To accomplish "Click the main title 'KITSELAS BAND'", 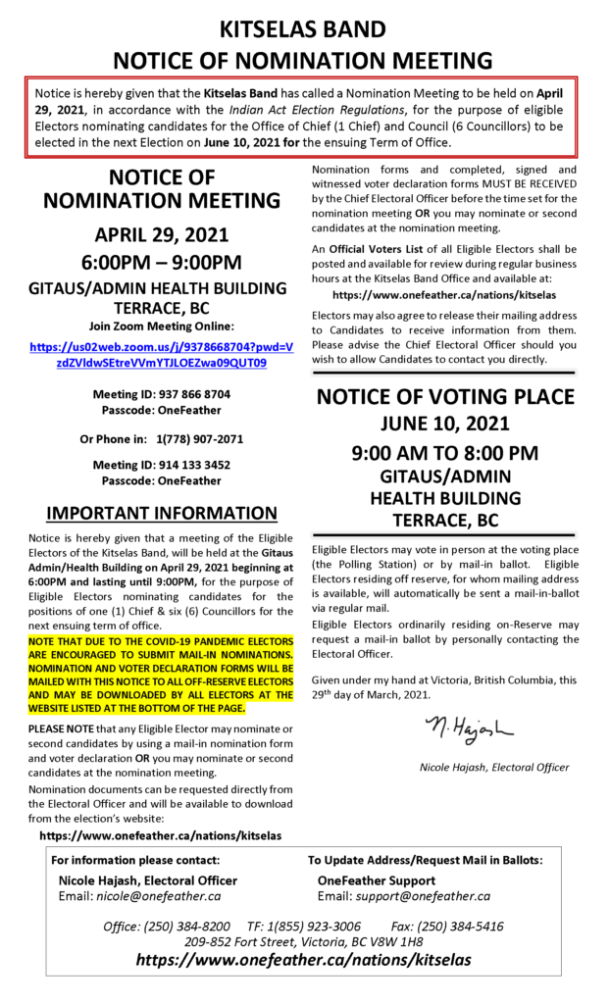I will click(x=304, y=26).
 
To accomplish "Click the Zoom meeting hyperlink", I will click(x=161, y=354).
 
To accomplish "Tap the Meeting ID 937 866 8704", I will click(x=161, y=394).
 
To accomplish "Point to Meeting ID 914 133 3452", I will click(x=161, y=465).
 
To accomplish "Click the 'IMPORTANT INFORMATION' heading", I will click(x=162, y=513).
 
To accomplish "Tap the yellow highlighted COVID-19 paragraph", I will click(x=161, y=674).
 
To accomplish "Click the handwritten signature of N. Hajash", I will click(x=468, y=728).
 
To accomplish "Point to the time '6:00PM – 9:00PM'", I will click(x=161, y=262).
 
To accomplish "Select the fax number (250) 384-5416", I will click(x=461, y=926).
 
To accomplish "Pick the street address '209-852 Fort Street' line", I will click(x=304, y=941).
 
